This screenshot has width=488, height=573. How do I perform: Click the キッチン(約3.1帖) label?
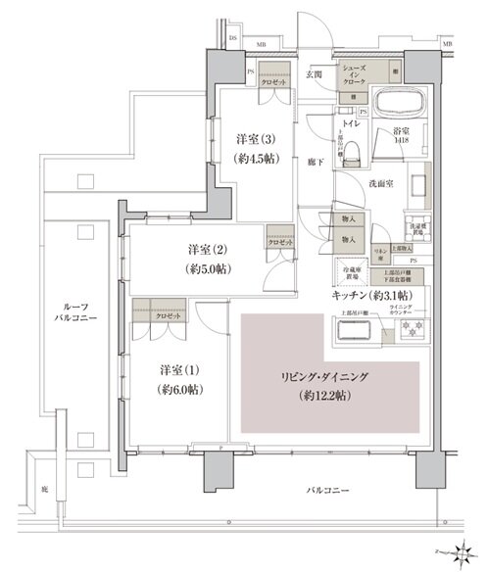click(371, 295)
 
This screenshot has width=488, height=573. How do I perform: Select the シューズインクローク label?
click(355, 75)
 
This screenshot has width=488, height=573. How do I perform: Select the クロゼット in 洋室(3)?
click(274, 83)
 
